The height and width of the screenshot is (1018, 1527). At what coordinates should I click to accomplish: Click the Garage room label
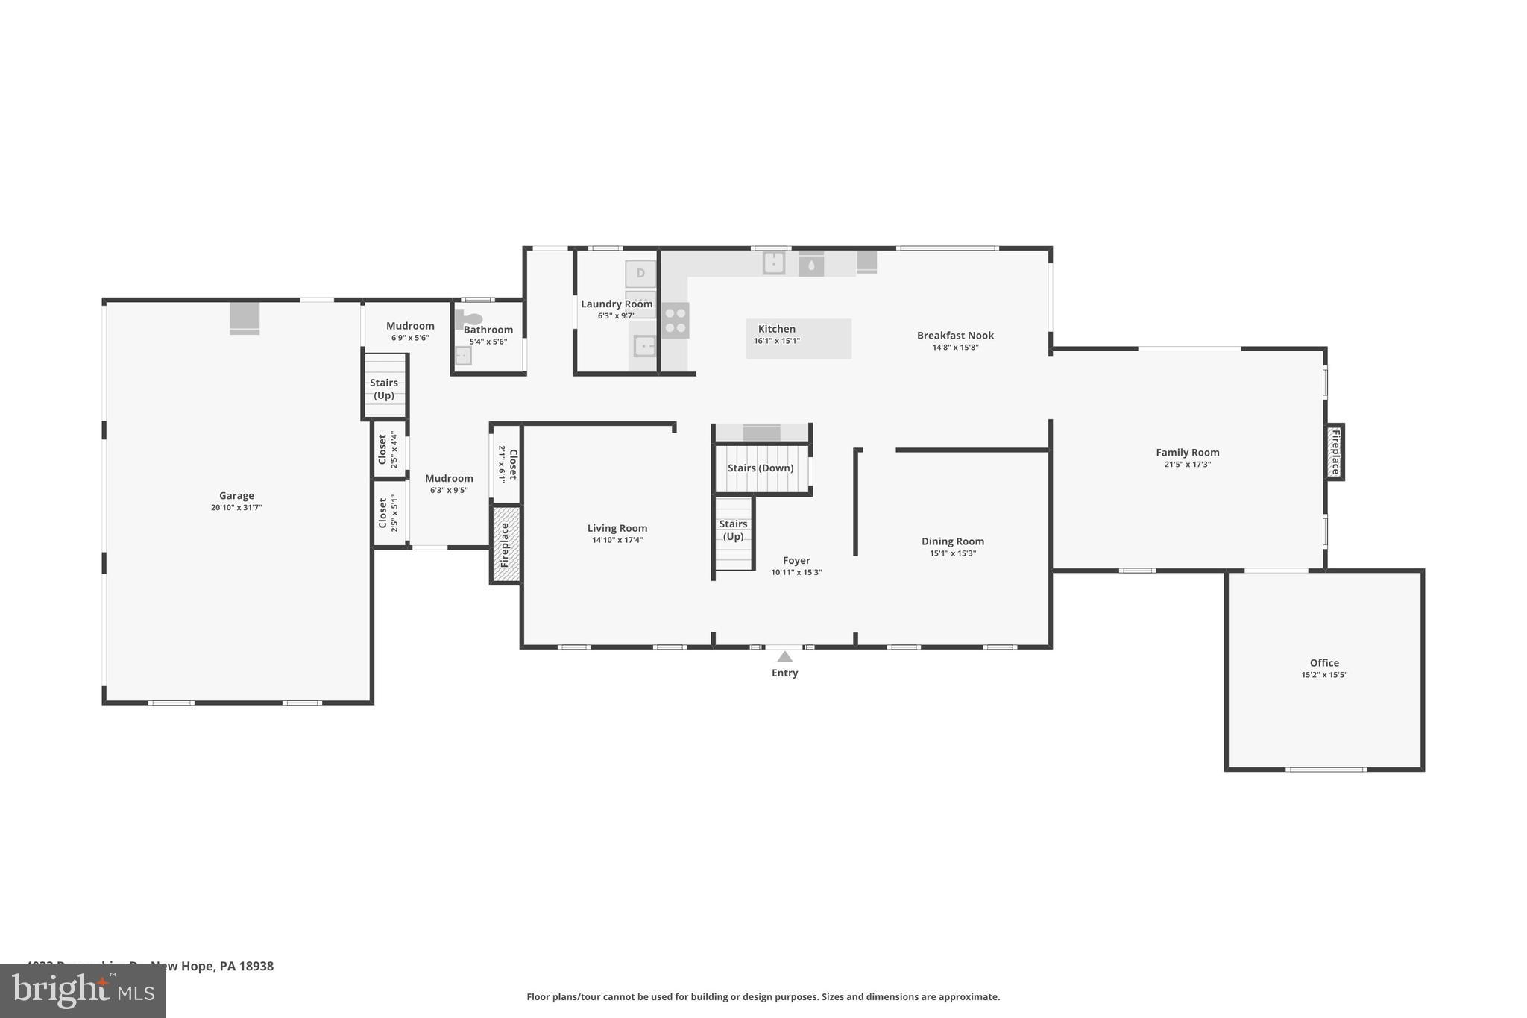236,495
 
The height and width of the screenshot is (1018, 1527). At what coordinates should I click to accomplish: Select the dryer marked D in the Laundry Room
640,273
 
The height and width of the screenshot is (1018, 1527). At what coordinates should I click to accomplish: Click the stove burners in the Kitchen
676,321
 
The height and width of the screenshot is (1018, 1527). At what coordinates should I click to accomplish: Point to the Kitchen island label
777,329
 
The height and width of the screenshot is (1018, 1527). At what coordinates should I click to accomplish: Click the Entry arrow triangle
784,657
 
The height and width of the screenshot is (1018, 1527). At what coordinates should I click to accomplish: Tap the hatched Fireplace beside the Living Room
506,544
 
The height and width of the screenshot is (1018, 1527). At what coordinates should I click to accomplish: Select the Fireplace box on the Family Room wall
1335,452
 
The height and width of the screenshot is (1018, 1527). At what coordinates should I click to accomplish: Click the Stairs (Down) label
761,468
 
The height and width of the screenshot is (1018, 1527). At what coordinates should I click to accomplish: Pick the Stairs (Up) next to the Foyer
734,531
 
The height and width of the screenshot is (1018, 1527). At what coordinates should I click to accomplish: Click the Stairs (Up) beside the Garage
384,389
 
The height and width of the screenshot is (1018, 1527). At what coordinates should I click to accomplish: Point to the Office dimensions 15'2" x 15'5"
1324,675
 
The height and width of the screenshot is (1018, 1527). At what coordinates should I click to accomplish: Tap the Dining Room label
952,541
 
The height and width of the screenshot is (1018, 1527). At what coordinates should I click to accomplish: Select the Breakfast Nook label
955,336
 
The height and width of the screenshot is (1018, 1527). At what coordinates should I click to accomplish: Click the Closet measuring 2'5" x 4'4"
388,449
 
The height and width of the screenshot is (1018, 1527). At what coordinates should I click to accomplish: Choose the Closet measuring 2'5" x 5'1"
388,513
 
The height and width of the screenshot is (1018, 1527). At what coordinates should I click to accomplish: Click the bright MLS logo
82,990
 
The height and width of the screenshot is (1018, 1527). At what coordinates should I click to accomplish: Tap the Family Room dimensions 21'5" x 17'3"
1187,464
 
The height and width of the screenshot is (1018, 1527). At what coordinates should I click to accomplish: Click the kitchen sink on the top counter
774,263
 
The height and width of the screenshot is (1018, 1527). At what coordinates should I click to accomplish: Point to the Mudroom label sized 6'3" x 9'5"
449,479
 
